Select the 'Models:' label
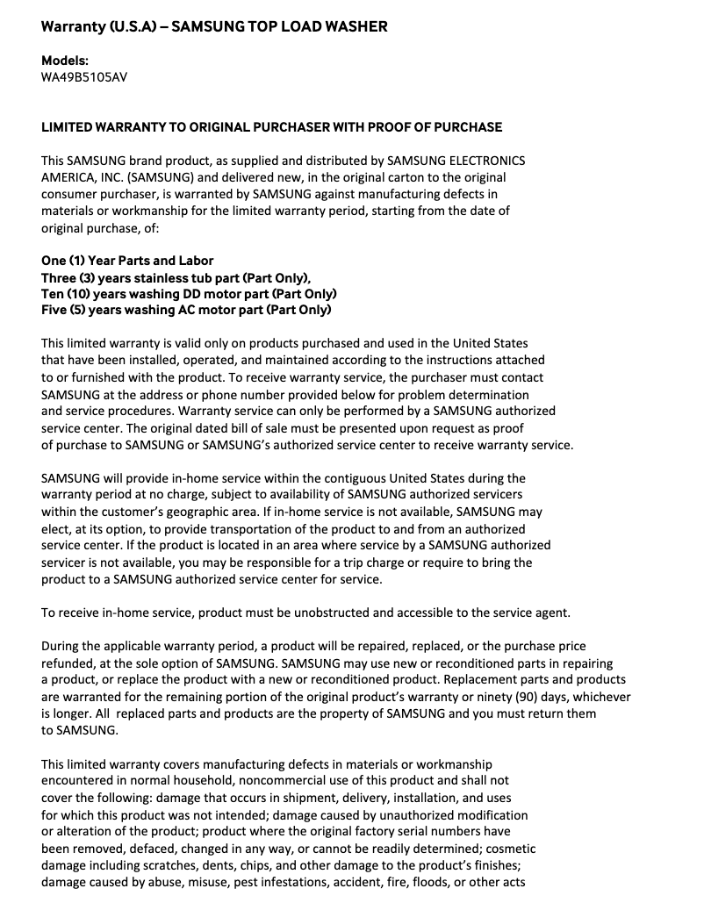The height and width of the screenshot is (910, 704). [x=65, y=61]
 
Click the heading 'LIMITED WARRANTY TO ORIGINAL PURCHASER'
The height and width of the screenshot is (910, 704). [x=271, y=127]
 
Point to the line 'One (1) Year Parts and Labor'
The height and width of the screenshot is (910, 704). [x=127, y=261]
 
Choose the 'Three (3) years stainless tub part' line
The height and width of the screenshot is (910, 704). [x=176, y=277]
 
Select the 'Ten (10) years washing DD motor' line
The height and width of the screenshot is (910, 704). [x=189, y=294]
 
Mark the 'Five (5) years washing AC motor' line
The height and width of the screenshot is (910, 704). [x=186, y=310]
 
